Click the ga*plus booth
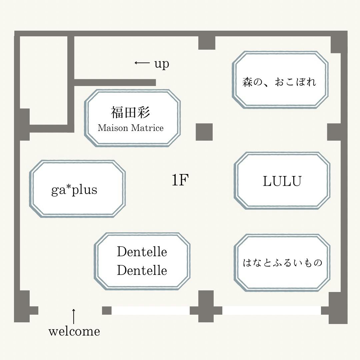pos(77,189)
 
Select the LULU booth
pos(282,181)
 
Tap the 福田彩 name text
pos(130,112)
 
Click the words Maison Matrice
pos(131,128)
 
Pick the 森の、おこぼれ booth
pos(280,80)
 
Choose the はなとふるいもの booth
pos(282,263)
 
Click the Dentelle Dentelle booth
pos(142,261)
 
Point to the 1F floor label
pos(180,180)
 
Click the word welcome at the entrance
pos(74,331)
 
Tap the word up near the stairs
pos(162,63)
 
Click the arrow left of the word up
pos(142,63)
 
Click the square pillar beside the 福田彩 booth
pos(204,132)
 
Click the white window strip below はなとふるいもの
pos(271,311)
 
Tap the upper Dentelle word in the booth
pos(142,252)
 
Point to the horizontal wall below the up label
pos(115,82)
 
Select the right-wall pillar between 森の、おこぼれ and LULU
pos(334,132)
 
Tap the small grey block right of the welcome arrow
pos(107,311)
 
